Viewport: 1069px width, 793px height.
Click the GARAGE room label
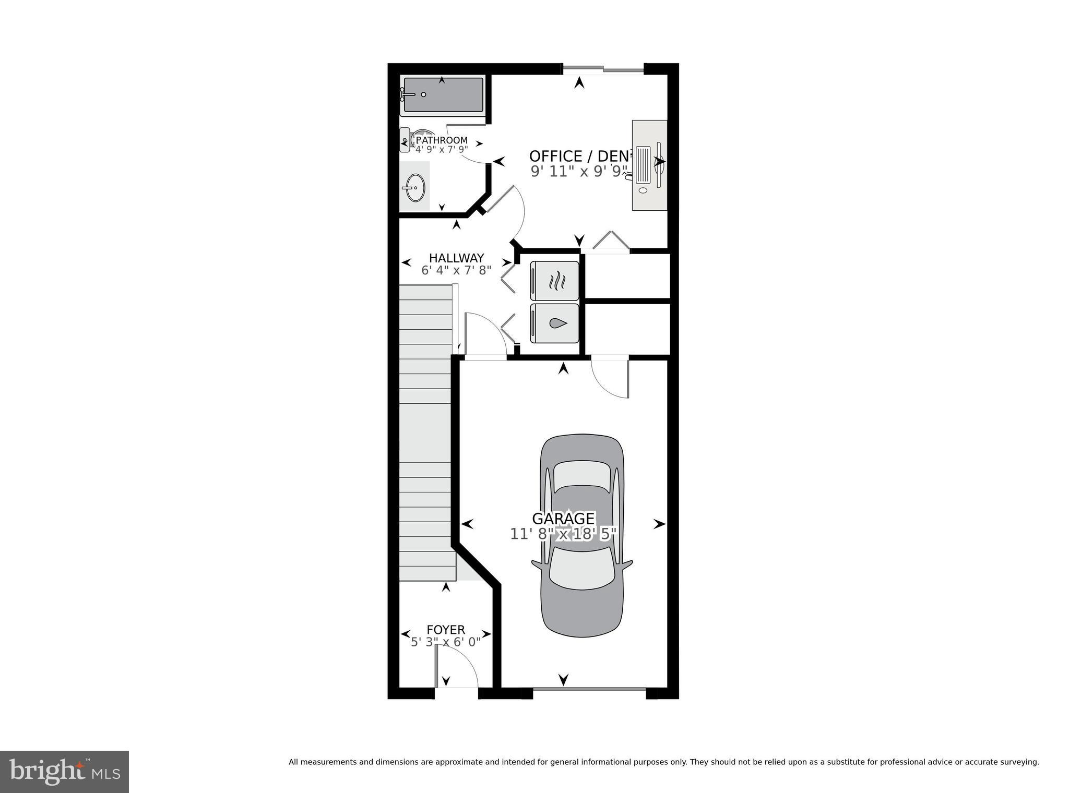[563, 519]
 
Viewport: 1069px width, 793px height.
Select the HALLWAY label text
[456, 258]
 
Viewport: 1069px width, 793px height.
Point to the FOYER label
[446, 630]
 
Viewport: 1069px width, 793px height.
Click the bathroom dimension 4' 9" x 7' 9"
[441, 150]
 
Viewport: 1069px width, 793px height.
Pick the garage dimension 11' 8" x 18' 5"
[563, 534]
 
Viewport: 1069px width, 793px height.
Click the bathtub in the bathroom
[443, 95]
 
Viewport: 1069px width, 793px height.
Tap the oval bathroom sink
[415, 187]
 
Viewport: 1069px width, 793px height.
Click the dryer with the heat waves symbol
[554, 281]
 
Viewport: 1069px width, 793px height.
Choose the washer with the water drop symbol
[554, 323]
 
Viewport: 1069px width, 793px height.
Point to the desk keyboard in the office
[643, 165]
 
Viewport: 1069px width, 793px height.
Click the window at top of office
[603, 68]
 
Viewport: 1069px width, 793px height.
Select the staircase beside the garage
[425, 433]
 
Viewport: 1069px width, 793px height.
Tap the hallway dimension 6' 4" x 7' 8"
[456, 270]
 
